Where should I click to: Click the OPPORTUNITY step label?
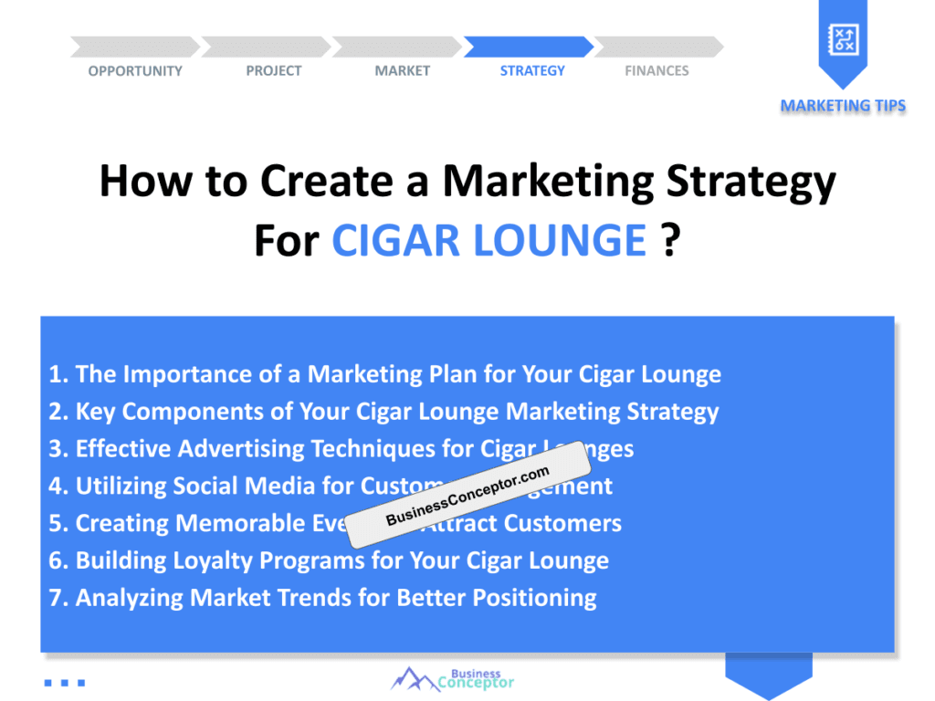(x=135, y=71)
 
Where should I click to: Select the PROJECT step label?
(x=273, y=71)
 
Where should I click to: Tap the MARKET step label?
(x=402, y=71)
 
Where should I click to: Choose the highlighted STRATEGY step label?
(x=532, y=71)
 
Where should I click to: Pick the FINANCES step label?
(x=657, y=71)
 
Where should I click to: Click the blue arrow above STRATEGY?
(x=529, y=47)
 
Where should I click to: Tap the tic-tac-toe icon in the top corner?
(x=842, y=39)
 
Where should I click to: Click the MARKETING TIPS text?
(x=843, y=106)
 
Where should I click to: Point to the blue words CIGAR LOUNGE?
(x=489, y=240)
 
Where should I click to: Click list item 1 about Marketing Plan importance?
(x=384, y=374)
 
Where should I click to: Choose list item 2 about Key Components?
(x=383, y=412)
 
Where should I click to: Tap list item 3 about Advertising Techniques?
(x=341, y=449)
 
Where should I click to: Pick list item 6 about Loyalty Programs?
(x=329, y=560)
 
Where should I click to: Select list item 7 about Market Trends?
(x=322, y=598)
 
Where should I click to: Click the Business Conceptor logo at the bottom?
(x=453, y=679)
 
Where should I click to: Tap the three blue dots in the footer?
(x=64, y=682)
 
